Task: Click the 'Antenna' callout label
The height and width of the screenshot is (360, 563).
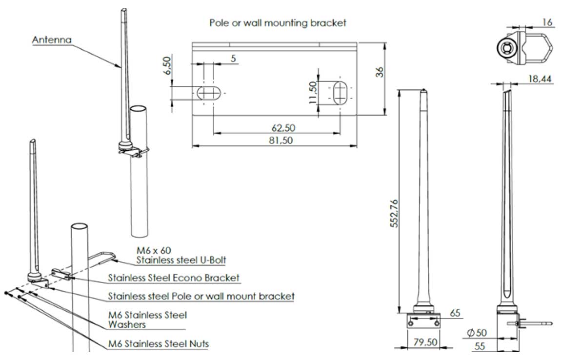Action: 52,40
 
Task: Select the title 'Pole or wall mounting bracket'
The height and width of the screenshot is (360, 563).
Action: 278,22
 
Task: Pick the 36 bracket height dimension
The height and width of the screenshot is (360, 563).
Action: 381,71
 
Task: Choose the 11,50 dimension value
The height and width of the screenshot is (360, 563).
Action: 313,93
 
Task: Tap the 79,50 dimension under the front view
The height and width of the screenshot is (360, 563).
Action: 424,342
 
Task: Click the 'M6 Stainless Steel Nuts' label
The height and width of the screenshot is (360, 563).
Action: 159,343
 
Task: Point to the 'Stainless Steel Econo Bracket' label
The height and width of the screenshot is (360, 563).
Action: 174,278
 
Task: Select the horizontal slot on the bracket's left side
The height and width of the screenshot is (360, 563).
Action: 210,93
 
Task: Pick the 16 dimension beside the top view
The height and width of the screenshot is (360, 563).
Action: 546,21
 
